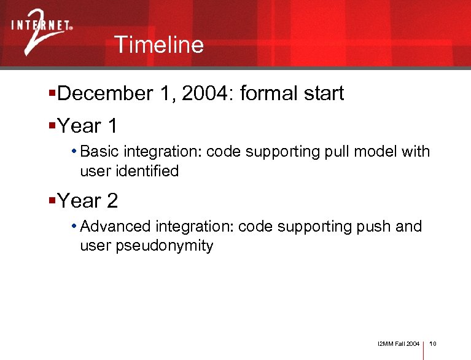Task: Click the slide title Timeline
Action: (158, 45)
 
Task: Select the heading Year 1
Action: (87, 127)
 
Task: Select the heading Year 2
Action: (87, 201)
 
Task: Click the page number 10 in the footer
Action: (433, 343)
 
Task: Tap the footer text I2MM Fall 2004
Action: (399, 343)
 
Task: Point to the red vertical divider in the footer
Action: (424, 346)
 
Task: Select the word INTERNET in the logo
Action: (41, 26)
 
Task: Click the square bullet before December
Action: (52, 93)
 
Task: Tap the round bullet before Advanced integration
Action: (74, 227)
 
